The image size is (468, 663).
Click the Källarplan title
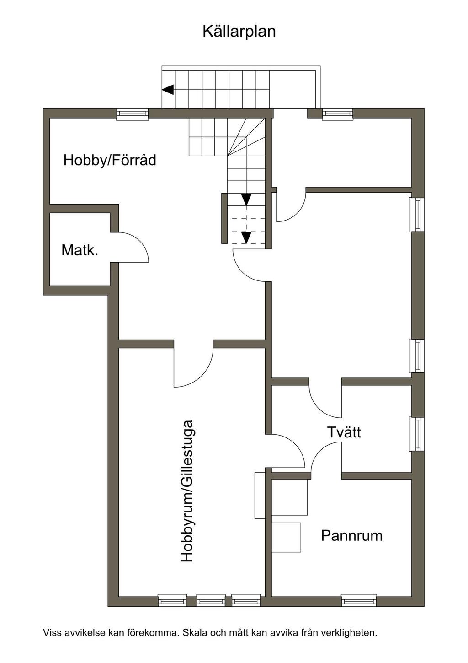point(239,32)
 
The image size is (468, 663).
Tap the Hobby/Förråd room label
point(110,161)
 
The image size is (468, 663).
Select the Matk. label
point(80,250)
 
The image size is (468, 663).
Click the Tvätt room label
point(344,432)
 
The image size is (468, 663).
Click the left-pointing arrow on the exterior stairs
point(168,89)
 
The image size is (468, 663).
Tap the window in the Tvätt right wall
point(417,434)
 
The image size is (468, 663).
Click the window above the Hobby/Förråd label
point(132,114)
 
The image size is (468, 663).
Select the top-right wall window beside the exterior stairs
point(338,114)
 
